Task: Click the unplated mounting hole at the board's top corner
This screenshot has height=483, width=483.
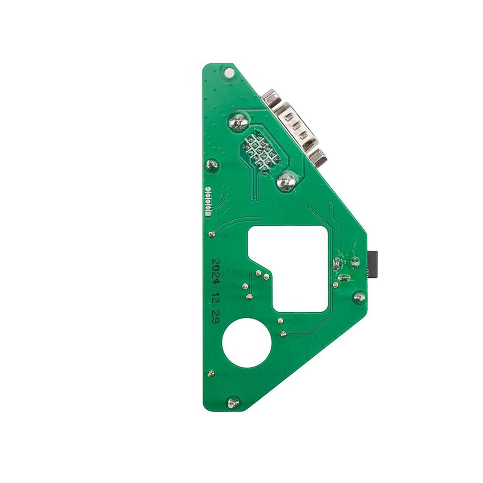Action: point(228,73)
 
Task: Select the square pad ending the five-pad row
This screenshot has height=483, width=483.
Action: point(208,214)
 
